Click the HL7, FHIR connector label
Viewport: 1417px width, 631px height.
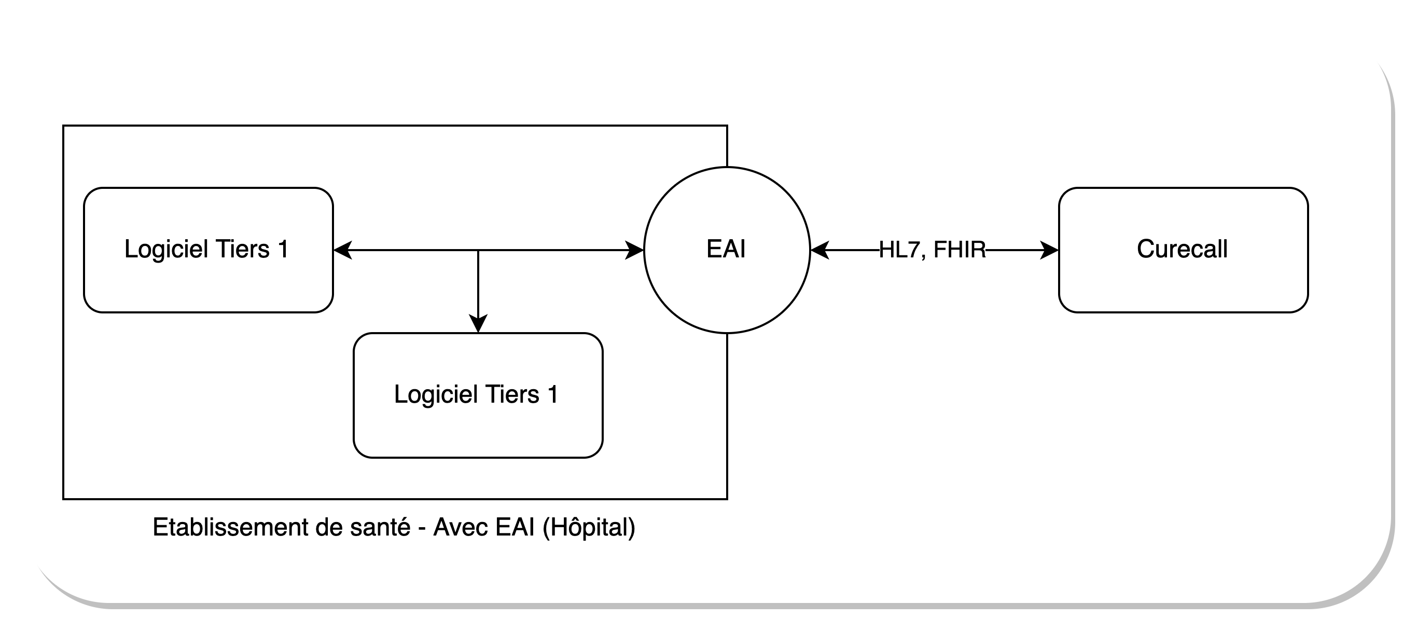[932, 250]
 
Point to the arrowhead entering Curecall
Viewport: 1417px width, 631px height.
[1050, 250]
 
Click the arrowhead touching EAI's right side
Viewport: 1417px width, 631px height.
[819, 250]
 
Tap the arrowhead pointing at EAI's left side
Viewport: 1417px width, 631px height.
[635, 250]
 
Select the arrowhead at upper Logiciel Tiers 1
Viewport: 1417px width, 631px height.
[342, 250]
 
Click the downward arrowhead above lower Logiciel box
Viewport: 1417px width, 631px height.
[478, 324]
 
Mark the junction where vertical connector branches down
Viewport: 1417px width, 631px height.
[478, 250]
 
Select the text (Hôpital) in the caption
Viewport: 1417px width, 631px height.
[589, 527]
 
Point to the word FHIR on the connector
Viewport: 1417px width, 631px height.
[960, 250]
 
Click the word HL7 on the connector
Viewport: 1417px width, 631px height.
[899, 250]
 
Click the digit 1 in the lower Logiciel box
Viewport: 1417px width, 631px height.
[553, 394]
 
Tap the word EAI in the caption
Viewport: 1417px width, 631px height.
[515, 527]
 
